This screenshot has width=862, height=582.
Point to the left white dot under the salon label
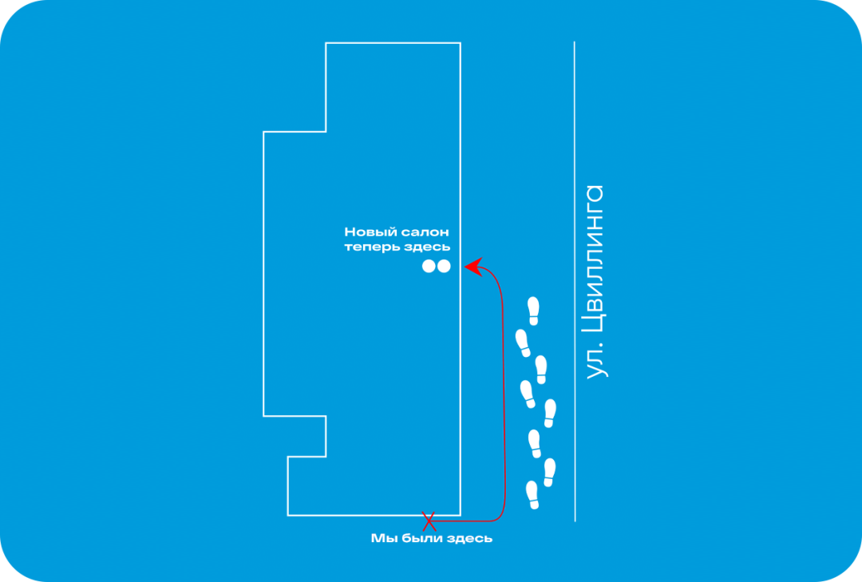pyautogui.click(x=429, y=266)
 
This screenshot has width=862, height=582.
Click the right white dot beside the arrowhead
pyautogui.click(x=444, y=266)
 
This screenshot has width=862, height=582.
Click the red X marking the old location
pyautogui.click(x=429, y=521)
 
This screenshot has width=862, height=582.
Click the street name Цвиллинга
pyautogui.click(x=595, y=259)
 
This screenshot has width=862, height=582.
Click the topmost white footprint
pyautogui.click(x=533, y=311)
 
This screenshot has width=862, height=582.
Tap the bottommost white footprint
pyautogui.click(x=532, y=495)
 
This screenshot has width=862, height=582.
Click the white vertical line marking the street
pyautogui.click(x=575, y=281)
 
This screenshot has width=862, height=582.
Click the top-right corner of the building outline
pyautogui.click(x=461, y=43)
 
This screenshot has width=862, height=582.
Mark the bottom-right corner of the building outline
pyautogui.click(x=461, y=516)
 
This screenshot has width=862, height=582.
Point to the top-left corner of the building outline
pyautogui.click(x=326, y=43)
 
